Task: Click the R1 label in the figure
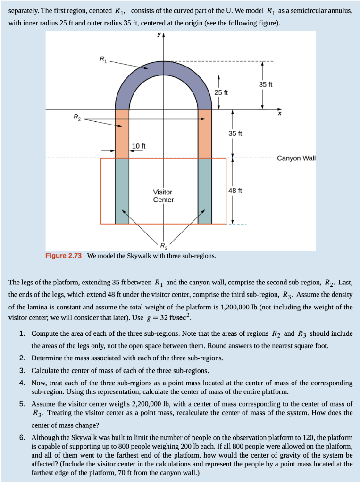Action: tap(103, 59)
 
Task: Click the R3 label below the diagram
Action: tap(163, 245)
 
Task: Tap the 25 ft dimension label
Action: tap(221, 92)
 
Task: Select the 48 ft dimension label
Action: tap(234, 191)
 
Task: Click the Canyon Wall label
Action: tap(296, 158)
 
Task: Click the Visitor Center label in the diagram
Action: tap(163, 196)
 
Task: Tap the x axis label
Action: tap(279, 114)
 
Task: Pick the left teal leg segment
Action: tap(122, 191)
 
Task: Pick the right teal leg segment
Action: tap(205, 191)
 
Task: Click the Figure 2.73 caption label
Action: tap(63, 256)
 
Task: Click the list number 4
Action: tap(22, 383)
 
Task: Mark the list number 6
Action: tap(22, 437)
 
